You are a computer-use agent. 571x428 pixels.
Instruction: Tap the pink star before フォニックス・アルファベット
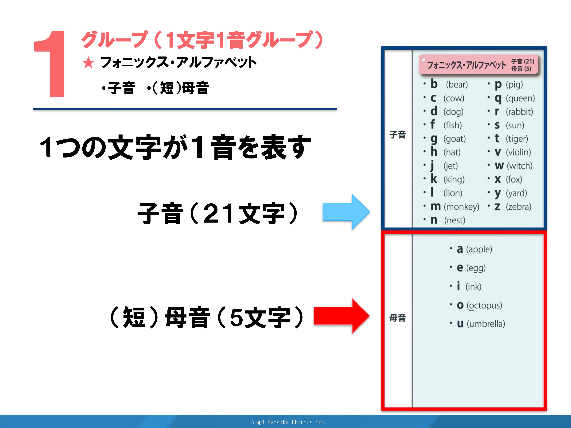[88, 63]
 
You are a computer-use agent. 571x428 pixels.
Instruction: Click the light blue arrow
[346, 212]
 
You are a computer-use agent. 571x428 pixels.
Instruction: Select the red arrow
[342, 316]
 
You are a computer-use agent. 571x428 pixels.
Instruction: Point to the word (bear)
[457, 85]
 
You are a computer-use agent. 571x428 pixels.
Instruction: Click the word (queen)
[520, 98]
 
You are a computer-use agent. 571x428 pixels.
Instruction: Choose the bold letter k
[434, 179]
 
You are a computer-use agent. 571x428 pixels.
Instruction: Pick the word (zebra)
[518, 207]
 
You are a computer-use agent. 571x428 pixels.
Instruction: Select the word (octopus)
[484, 305]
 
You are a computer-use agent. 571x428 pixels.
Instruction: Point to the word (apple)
[479, 249]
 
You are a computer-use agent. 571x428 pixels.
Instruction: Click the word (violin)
[518, 152]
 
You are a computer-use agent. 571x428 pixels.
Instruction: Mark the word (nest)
[455, 220]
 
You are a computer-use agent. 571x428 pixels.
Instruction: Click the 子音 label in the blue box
[397, 135]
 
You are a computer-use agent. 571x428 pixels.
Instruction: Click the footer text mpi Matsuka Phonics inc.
[289, 422]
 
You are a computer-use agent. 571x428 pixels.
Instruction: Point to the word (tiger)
[517, 139]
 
